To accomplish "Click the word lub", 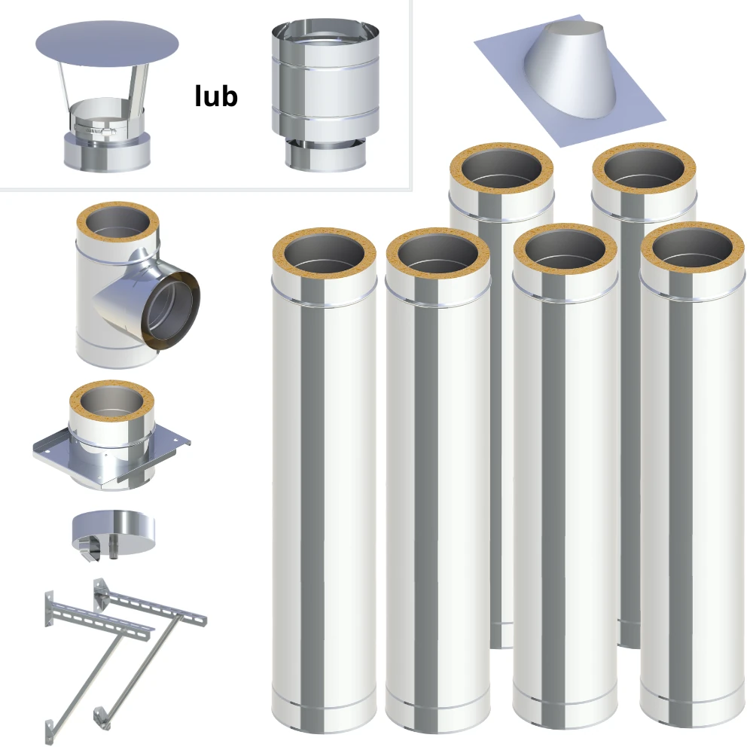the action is [x=216, y=96].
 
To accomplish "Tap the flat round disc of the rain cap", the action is [x=107, y=44].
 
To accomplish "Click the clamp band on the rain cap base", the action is [x=95, y=130].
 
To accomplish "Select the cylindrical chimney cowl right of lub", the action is [x=325, y=95].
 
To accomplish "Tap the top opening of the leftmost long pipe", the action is [x=324, y=252].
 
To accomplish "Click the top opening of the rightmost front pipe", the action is [x=693, y=248].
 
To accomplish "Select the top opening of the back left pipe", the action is [x=501, y=169].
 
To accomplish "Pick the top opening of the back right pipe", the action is [x=644, y=169].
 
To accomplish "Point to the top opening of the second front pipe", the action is [x=438, y=253].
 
